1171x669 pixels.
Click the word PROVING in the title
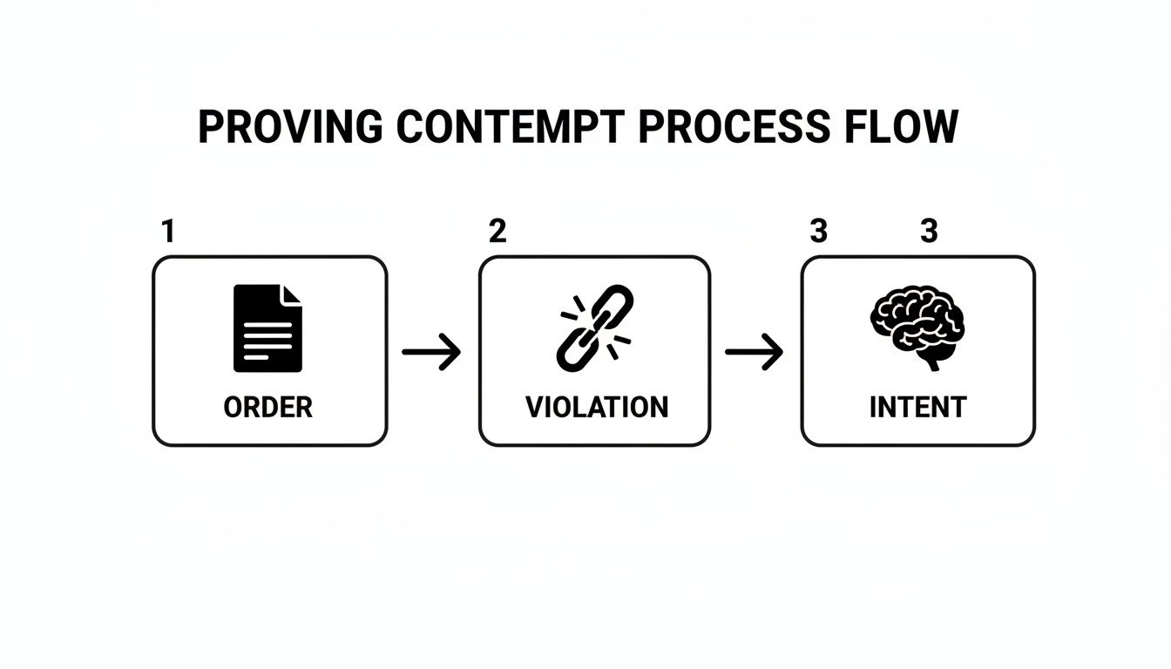[x=289, y=127]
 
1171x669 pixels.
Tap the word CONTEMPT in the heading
[x=510, y=127]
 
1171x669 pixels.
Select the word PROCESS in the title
[x=734, y=127]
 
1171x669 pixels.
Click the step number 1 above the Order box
[x=168, y=232]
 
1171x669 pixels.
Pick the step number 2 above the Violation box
[x=497, y=232]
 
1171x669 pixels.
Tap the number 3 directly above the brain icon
[x=929, y=232]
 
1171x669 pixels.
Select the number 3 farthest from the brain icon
[x=818, y=232]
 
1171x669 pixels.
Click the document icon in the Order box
[x=267, y=328]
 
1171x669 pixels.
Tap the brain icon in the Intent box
[x=917, y=324]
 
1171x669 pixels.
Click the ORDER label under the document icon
[x=267, y=407]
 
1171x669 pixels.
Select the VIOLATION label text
[x=597, y=407]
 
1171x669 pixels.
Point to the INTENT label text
[x=917, y=407]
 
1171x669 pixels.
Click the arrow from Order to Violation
[x=431, y=353]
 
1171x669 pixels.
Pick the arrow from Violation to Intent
[x=755, y=353]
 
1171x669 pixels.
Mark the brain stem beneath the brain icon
[x=931, y=360]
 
